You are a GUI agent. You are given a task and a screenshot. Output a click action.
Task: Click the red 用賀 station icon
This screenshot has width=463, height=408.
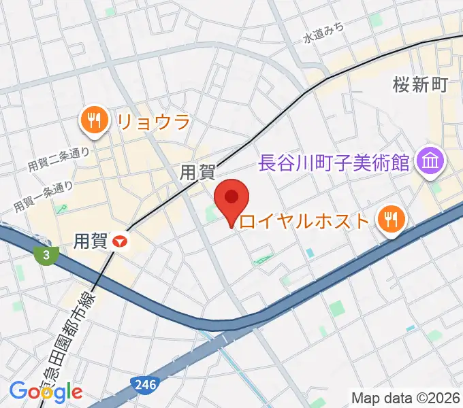(121, 240)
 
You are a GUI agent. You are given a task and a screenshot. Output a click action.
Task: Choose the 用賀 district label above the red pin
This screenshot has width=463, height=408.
(197, 173)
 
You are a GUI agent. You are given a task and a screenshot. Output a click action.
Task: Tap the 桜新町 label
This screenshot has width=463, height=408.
(419, 85)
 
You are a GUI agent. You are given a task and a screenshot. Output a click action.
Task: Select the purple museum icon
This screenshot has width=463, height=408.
(431, 162)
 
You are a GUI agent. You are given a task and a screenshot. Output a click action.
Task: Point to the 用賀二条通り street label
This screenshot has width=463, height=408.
(59, 158)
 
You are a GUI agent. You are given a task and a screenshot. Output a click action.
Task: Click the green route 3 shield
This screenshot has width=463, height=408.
(46, 255)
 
